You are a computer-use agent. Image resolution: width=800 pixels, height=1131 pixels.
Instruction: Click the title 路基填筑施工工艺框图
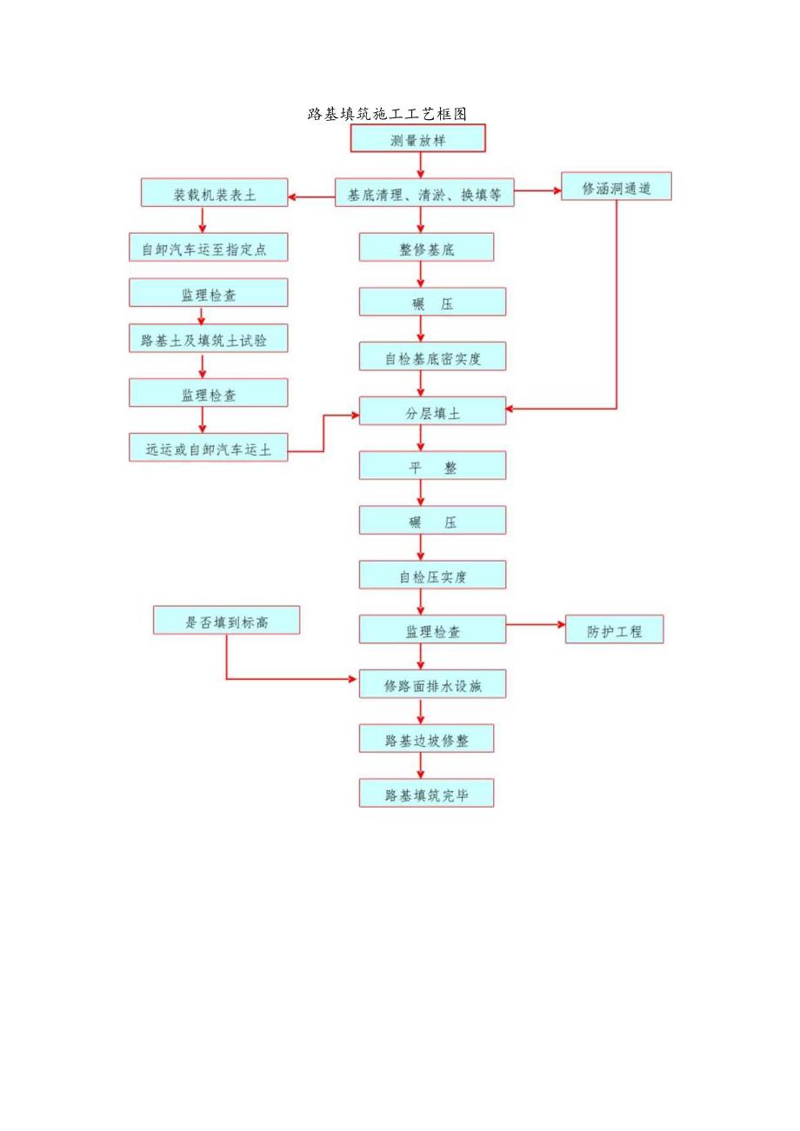[388, 114]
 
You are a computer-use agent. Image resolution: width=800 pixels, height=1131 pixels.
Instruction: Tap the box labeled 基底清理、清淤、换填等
[424, 195]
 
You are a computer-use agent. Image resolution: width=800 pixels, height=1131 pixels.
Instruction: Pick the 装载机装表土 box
[214, 193]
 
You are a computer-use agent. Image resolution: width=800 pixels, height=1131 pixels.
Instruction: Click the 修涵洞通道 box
[616, 187]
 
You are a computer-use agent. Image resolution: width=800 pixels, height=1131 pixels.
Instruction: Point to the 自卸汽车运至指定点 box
[209, 248]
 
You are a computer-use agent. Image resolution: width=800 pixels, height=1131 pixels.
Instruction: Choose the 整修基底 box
[426, 248]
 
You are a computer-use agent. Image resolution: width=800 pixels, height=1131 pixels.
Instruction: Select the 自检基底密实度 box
[432, 356]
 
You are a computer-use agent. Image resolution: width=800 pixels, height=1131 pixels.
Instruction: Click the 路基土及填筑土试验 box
[209, 339]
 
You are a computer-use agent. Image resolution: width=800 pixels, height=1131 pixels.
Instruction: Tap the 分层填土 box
[432, 411]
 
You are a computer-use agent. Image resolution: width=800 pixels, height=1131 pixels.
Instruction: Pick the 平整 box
[432, 466]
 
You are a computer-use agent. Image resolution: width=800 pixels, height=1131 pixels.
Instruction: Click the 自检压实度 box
[432, 575]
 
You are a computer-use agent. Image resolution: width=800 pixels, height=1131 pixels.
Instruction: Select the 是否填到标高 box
[226, 621]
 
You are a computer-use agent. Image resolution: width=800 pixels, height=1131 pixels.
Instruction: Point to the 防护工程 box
[614, 629]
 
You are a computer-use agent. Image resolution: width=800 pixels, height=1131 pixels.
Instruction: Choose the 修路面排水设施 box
[432, 684]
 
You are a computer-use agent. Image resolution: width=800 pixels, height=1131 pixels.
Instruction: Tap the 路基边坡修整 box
[426, 739]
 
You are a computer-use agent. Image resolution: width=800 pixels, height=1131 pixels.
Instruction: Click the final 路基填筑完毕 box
[426, 793]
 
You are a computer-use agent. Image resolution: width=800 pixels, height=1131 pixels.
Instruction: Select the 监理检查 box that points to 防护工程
[432, 629]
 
